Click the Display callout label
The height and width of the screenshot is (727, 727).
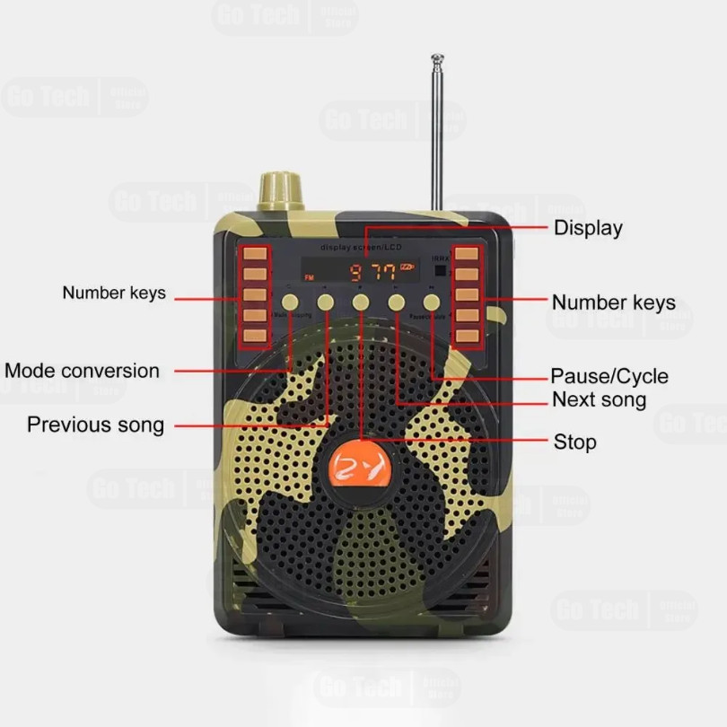[588, 228]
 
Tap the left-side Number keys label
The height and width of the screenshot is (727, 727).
[114, 293]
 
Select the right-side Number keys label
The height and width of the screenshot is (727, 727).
[613, 302]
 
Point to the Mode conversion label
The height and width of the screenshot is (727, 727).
[82, 371]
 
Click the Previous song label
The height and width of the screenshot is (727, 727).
[95, 425]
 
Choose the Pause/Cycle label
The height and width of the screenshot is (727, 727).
[609, 376]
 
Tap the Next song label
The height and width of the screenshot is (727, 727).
[599, 399]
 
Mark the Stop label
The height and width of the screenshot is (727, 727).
[574, 442]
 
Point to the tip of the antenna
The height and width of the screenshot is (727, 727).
[436, 58]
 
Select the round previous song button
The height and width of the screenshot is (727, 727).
[326, 302]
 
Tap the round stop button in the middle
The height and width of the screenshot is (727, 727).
[361, 302]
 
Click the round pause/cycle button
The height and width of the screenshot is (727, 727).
[432, 302]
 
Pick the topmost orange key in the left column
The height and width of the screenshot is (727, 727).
[256, 254]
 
